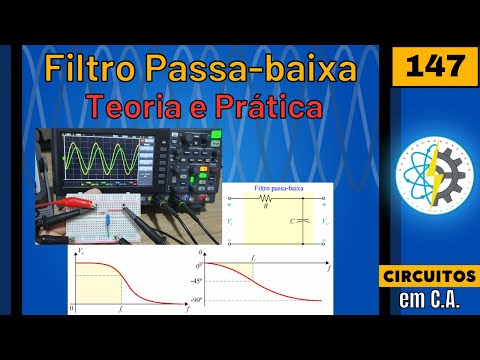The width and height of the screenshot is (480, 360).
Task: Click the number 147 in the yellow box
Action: click(x=434, y=68)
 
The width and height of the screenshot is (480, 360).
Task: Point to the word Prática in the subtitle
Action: click(x=263, y=106)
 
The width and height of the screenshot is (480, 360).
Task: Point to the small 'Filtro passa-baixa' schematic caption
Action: click(x=277, y=188)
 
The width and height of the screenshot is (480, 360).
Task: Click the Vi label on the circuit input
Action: click(x=232, y=219)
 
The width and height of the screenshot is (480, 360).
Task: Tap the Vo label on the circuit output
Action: click(x=323, y=219)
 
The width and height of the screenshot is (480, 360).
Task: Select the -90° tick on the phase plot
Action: click(x=199, y=299)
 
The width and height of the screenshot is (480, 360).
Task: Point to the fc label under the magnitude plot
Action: click(x=122, y=310)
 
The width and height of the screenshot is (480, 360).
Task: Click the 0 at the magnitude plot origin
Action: click(x=72, y=309)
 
